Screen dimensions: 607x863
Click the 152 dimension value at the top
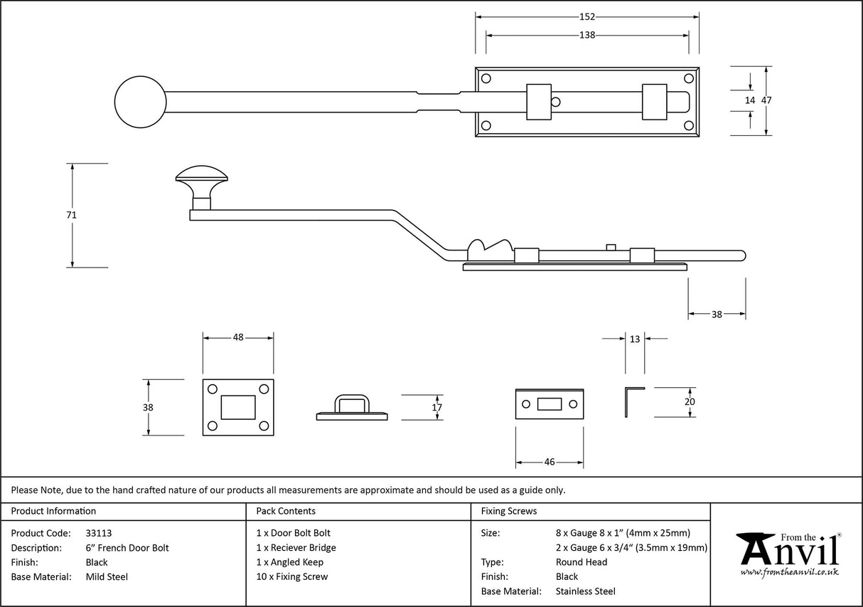click(x=586, y=17)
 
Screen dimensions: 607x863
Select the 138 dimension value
click(x=586, y=35)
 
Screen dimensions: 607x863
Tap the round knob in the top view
click(x=140, y=101)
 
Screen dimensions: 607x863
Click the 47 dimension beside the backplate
click(x=766, y=100)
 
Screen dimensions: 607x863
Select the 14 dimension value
click(x=750, y=100)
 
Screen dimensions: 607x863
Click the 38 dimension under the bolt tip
click(x=717, y=314)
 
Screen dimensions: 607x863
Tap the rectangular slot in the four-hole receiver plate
click(x=238, y=407)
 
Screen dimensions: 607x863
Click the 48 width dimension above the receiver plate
click(x=238, y=337)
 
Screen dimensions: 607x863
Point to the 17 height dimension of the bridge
click(x=437, y=408)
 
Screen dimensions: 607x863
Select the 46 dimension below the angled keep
click(x=549, y=462)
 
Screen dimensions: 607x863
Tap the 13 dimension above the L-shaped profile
click(x=635, y=339)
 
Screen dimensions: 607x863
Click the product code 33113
click(x=98, y=533)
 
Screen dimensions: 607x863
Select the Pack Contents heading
click(x=285, y=511)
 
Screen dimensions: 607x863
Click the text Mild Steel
click(x=107, y=577)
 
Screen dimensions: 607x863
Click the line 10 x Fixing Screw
click(x=291, y=577)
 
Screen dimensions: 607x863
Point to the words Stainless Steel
click(x=586, y=591)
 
